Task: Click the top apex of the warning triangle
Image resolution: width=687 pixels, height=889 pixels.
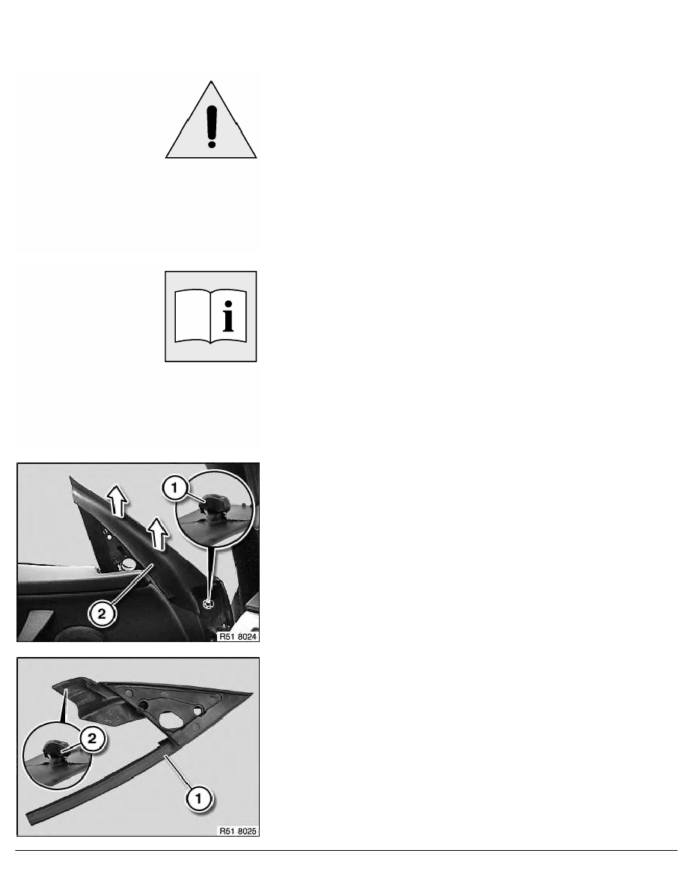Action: click(x=211, y=81)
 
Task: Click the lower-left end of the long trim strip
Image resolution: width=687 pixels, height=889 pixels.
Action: click(x=30, y=819)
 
